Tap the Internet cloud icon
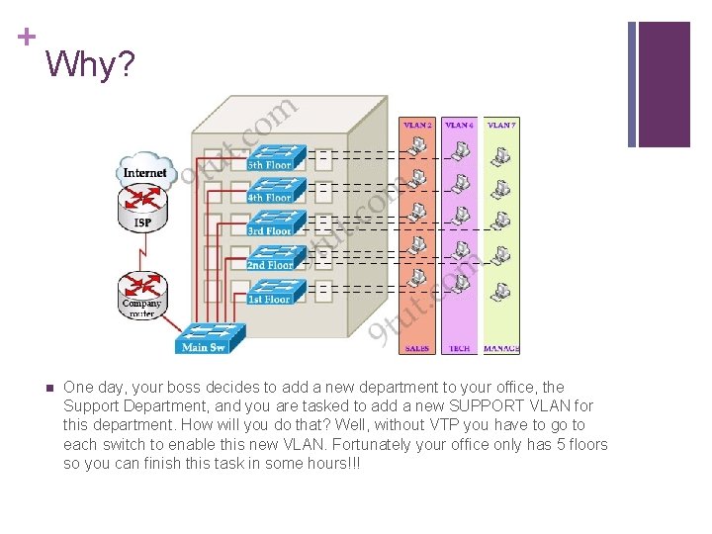(144, 170)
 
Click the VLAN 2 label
(417, 126)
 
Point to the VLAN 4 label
(459, 126)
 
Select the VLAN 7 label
(501, 126)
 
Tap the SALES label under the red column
(417, 349)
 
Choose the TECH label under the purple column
(459, 349)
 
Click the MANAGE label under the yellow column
(501, 349)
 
